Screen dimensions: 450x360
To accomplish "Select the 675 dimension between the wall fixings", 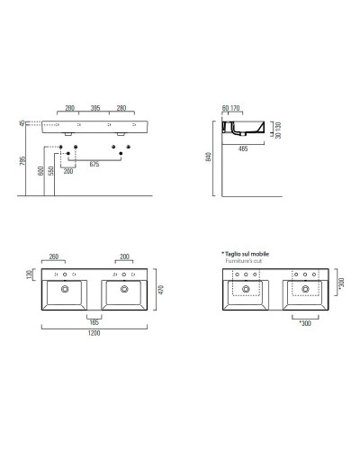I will [94, 165].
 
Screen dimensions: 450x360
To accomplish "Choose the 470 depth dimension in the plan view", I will [160, 290].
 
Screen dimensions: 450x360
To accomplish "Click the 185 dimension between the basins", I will [94, 321].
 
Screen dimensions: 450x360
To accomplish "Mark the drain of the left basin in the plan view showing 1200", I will [65, 289].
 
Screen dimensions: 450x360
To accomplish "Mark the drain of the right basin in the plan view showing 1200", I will [121, 289].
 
